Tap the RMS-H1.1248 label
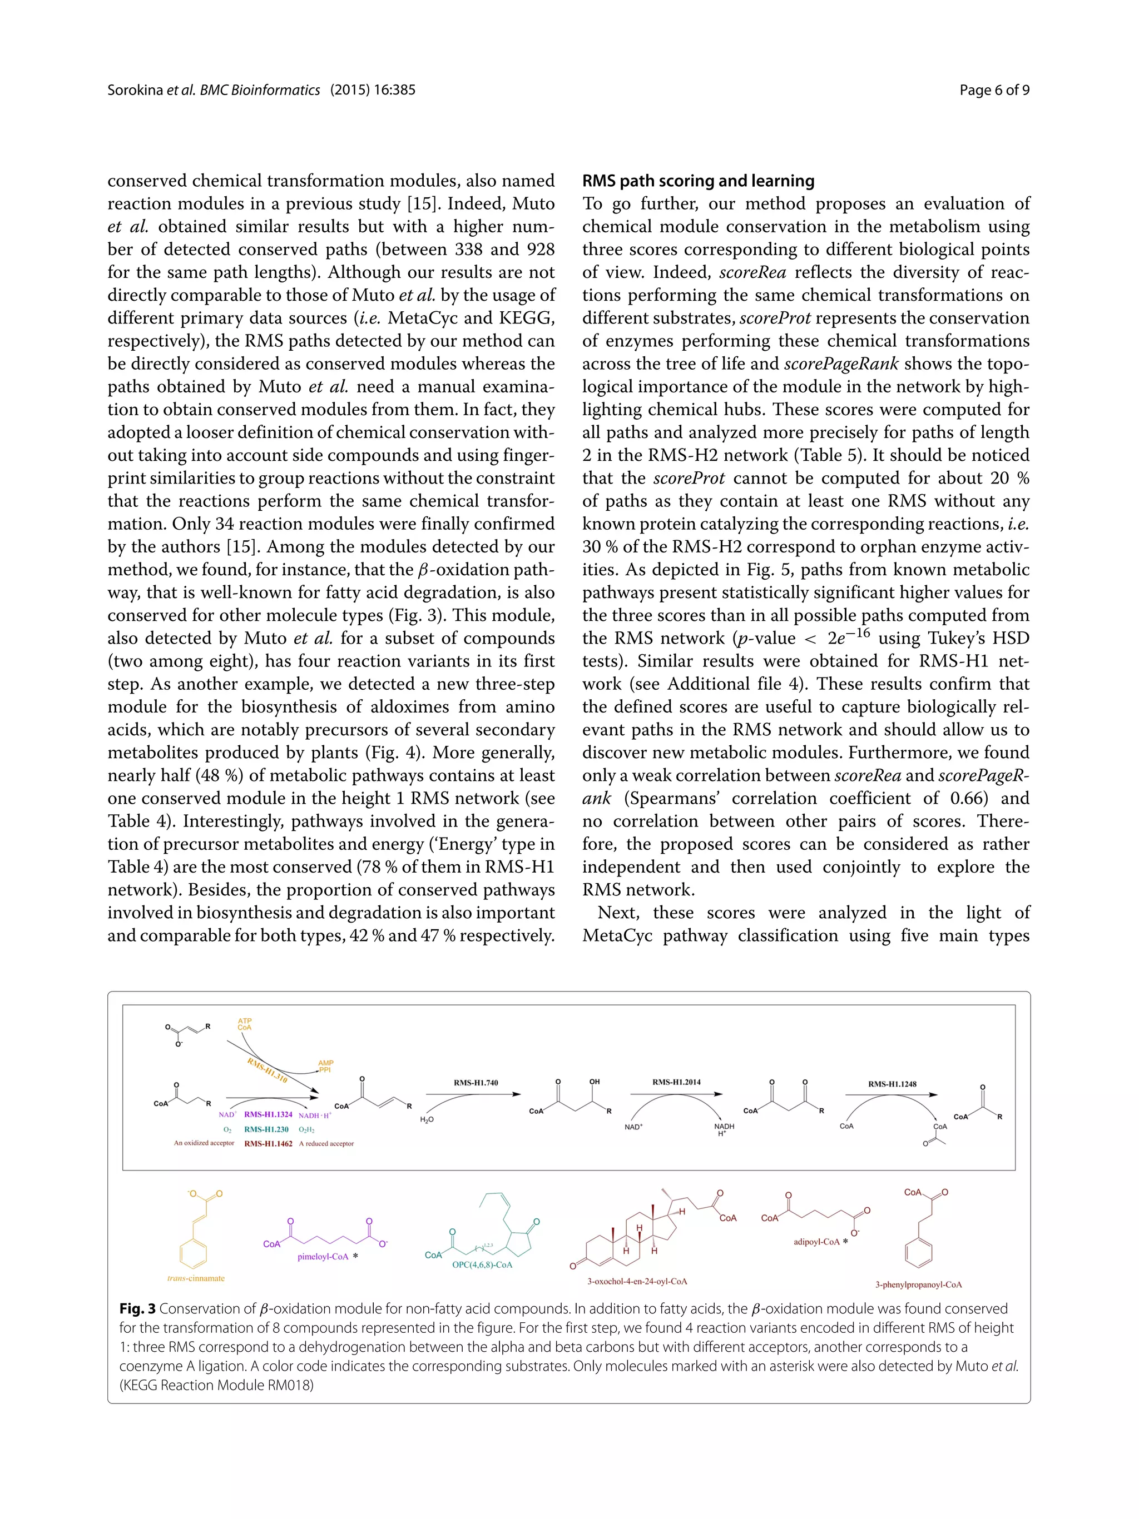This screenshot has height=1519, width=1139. coord(892,1084)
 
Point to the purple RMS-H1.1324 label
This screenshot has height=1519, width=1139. coord(268,1115)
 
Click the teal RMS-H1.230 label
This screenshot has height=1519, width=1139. coord(266,1129)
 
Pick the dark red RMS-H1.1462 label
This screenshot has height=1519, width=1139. coord(268,1144)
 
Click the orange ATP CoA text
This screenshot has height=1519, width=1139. coord(245,1024)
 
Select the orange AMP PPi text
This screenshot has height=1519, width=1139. coord(325,1067)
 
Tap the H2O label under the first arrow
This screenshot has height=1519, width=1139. coord(427,1120)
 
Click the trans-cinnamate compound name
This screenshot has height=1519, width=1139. coord(196,1279)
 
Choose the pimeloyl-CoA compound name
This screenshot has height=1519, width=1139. coord(323,1257)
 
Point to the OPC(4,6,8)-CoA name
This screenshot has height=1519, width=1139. coord(482,1265)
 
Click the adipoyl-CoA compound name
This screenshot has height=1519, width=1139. coord(816,1242)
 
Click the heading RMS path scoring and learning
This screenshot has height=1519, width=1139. coord(698,181)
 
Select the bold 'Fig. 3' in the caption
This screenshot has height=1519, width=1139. coord(137,1309)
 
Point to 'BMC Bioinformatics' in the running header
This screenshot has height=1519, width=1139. coord(259,90)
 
